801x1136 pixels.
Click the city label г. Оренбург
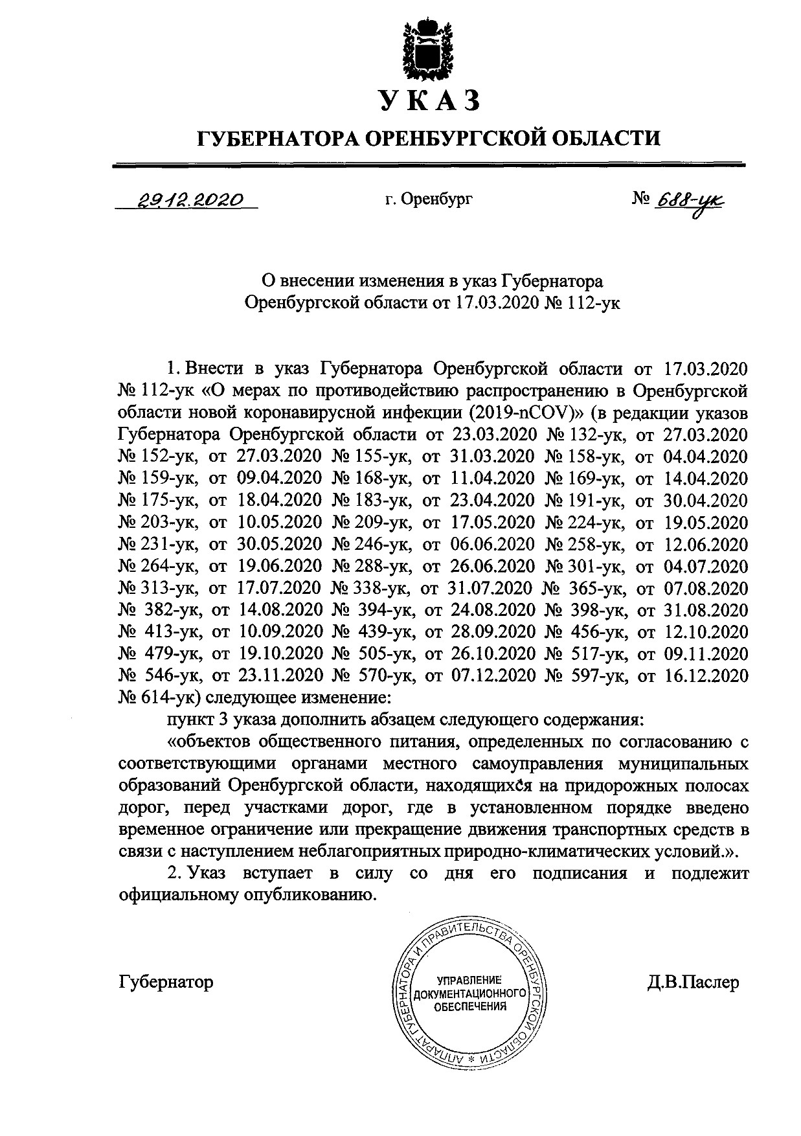(428, 199)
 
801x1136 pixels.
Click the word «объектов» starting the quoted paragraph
(208, 742)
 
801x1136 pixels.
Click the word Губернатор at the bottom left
(166, 982)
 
